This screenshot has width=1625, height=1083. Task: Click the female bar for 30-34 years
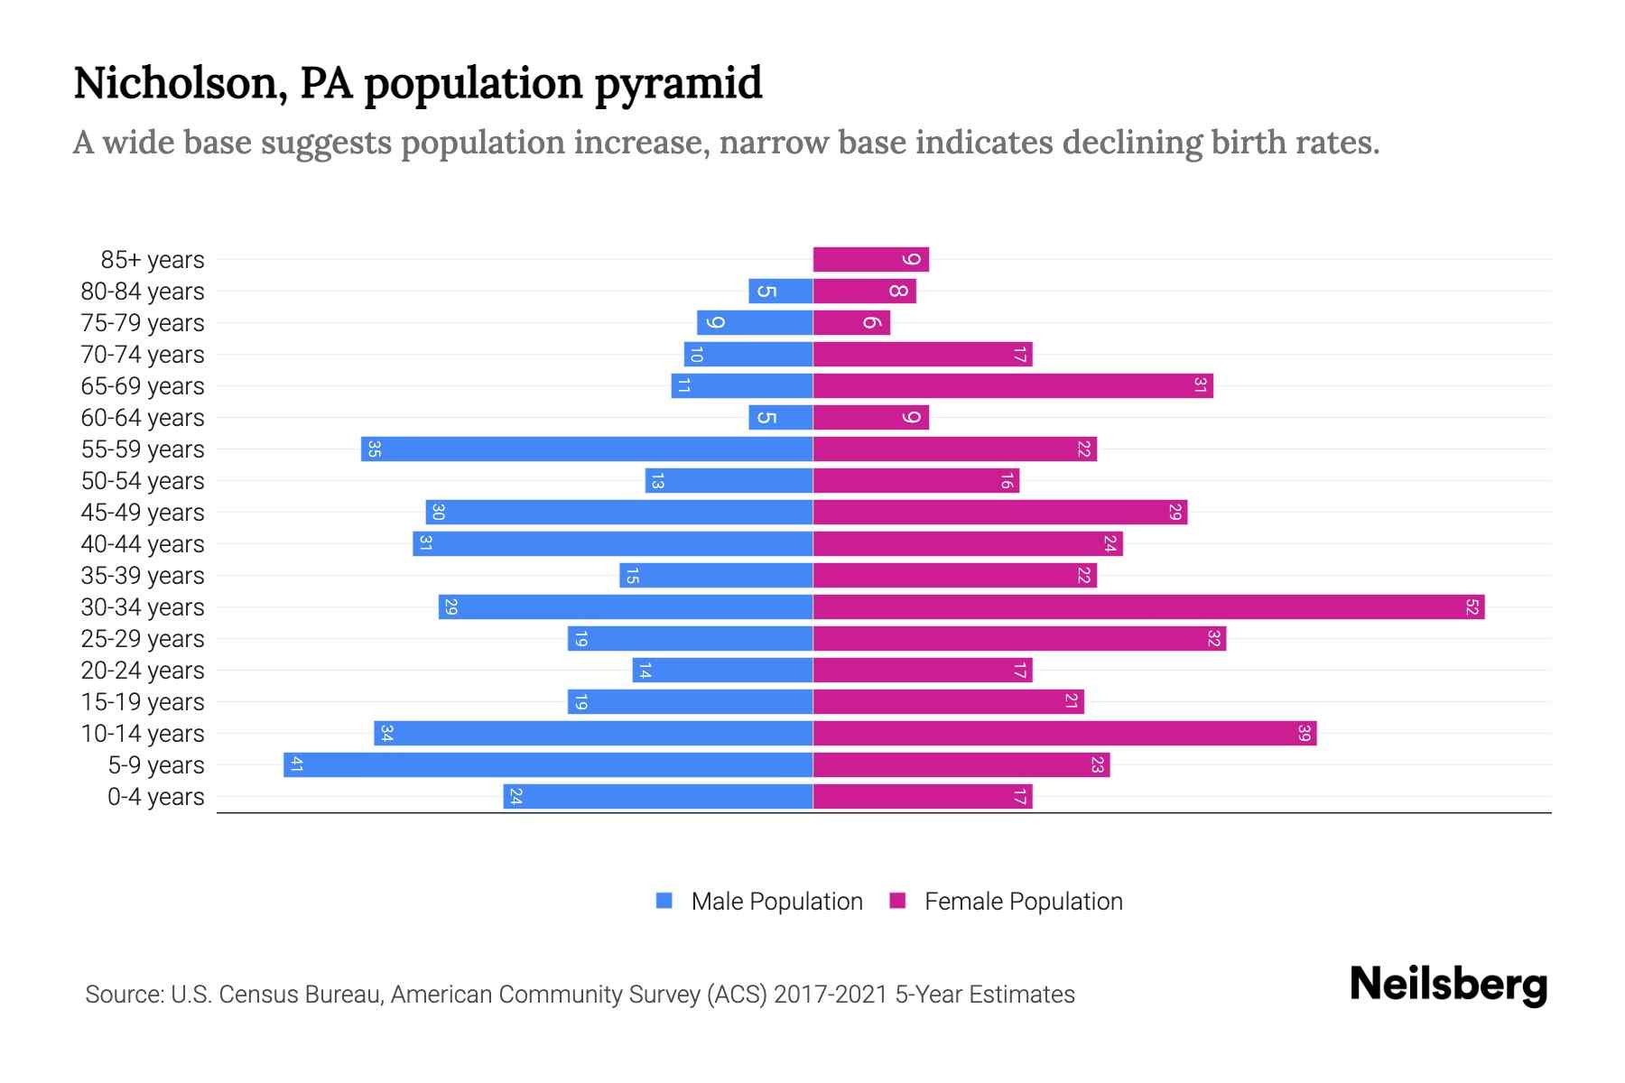1148,607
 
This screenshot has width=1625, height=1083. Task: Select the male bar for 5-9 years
548,765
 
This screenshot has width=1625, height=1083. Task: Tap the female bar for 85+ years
870,260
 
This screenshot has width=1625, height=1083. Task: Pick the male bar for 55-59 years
587,449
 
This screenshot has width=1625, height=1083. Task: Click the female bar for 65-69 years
1013,386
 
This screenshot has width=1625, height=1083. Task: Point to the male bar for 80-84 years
781,292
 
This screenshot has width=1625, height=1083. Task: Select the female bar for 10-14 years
1064,734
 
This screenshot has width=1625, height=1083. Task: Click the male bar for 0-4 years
658,797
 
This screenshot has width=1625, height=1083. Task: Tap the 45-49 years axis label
143,513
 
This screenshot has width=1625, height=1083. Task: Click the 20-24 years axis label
143,671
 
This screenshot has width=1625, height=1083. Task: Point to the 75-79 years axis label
143,323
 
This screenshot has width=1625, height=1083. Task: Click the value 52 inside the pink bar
1472,607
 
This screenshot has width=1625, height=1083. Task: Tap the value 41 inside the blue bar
296,765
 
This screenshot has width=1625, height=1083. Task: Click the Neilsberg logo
1448,985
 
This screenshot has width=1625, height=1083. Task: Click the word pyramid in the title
678,84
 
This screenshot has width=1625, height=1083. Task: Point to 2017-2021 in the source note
831,995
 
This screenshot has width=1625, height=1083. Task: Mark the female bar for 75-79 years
851,323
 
